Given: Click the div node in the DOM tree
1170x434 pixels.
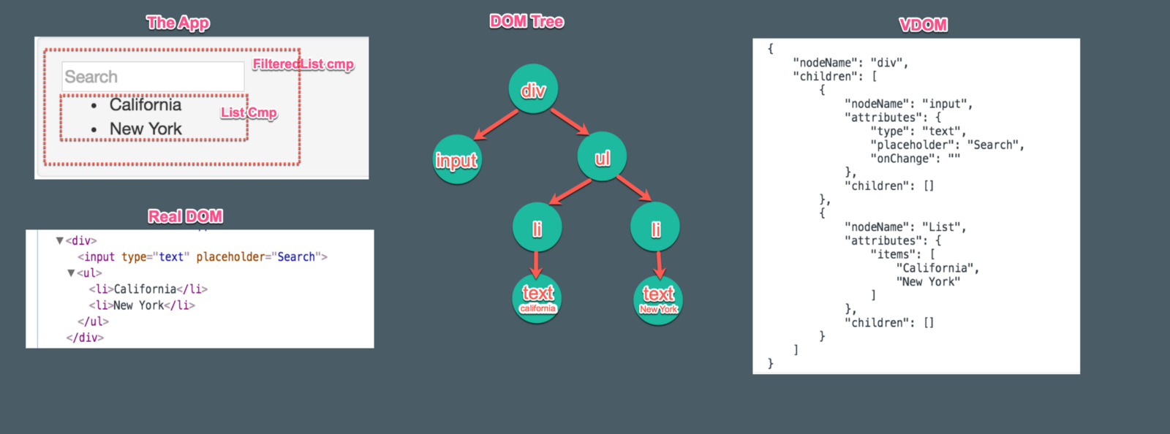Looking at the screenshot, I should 533,89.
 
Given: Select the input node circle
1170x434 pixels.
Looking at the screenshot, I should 457,159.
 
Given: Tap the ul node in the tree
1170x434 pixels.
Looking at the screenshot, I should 602,158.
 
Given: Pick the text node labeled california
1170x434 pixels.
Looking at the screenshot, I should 537,298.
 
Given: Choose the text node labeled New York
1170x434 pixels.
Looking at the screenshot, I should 658,299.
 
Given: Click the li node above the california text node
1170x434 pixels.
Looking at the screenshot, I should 537,228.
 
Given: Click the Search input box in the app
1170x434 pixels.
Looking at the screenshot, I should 153,77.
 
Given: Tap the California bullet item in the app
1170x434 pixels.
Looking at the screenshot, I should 145,105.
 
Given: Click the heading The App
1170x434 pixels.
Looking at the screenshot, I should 178,23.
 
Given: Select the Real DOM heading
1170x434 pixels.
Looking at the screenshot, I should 185,216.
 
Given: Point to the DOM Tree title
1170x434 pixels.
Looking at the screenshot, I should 526,22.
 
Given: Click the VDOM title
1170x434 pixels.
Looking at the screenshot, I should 923,25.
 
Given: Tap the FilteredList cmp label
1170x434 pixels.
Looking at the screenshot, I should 303,64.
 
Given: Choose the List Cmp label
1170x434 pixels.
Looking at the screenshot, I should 249,113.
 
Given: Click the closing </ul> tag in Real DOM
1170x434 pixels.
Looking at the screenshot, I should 93,321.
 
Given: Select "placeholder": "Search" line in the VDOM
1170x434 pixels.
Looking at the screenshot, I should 946,145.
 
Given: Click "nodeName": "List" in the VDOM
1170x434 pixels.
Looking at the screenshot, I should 905,227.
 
